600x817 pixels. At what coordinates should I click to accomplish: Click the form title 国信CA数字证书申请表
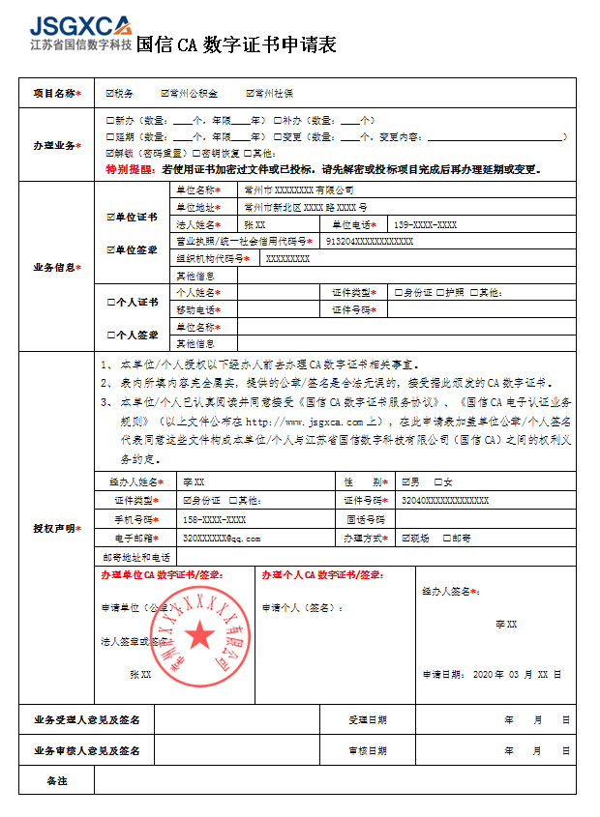pos(236,44)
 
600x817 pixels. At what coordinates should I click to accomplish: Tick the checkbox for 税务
pos(109,94)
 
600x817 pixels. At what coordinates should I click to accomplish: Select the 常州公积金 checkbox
pos(165,94)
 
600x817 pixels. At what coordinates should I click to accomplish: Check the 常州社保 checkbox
pos(250,94)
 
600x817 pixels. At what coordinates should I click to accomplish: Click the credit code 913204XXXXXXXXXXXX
pos(370,241)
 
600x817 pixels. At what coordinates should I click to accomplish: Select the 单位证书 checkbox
pos(109,217)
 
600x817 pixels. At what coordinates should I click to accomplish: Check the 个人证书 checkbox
pos(109,302)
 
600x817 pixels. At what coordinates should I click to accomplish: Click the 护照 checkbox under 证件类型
pos(440,292)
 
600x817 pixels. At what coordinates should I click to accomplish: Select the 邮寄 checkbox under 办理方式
pos(446,539)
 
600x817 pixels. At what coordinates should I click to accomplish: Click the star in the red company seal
pos(200,635)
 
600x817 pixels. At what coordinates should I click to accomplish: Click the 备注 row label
pos(56,779)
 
